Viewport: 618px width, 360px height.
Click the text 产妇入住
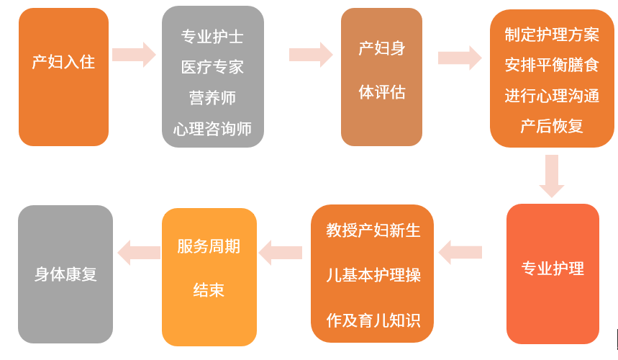coord(63,62)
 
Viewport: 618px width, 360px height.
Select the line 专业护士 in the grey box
coord(212,36)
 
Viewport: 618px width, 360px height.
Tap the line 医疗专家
coord(212,67)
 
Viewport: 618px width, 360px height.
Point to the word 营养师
coord(212,98)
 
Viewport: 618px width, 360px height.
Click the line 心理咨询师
coord(212,129)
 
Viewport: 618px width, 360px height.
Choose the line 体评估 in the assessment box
coord(381,92)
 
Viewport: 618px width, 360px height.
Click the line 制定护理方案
coord(552,35)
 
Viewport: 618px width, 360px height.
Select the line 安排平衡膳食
coord(552,66)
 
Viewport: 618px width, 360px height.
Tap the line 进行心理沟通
coord(552,96)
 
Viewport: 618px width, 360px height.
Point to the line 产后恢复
coord(552,126)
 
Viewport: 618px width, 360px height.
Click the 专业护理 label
coord(553,269)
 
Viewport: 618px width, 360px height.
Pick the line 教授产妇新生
coord(373,230)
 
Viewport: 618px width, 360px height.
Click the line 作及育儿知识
coord(373,320)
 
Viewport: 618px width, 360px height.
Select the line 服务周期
coord(209,246)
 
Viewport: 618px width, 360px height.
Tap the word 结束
coord(209,290)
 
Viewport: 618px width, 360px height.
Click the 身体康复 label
coord(65,274)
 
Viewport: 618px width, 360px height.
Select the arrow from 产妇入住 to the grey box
coord(135,55)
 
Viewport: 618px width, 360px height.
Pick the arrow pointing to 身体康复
coord(139,252)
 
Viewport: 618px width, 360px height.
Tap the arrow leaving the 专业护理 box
coord(460,252)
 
